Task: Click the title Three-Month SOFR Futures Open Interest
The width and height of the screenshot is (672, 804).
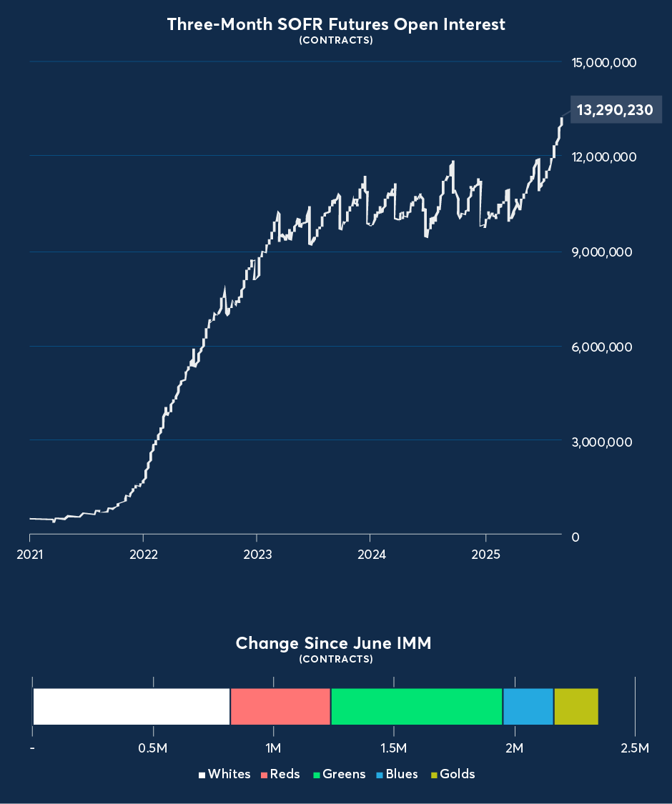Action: tap(336, 24)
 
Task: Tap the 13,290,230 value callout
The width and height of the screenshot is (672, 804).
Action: tap(615, 110)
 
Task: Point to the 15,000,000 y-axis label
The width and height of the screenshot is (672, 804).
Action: tap(604, 63)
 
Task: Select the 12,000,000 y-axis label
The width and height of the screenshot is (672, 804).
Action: tap(604, 157)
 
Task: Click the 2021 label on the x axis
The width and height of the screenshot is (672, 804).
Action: tap(29, 555)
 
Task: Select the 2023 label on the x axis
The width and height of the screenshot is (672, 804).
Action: tap(257, 555)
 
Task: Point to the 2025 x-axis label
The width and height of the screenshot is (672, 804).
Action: tap(485, 555)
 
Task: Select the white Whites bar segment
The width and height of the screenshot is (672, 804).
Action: tap(132, 707)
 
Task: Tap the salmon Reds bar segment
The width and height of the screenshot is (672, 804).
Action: tap(280, 707)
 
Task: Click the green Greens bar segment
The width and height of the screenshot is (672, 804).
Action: tap(417, 707)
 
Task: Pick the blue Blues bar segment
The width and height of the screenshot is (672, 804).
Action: tap(528, 707)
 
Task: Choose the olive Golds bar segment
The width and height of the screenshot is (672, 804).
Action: tap(576, 707)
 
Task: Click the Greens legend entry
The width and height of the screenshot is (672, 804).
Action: tap(340, 774)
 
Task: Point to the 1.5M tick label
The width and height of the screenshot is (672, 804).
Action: tap(394, 748)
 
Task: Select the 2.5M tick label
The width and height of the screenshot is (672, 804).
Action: tap(635, 748)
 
